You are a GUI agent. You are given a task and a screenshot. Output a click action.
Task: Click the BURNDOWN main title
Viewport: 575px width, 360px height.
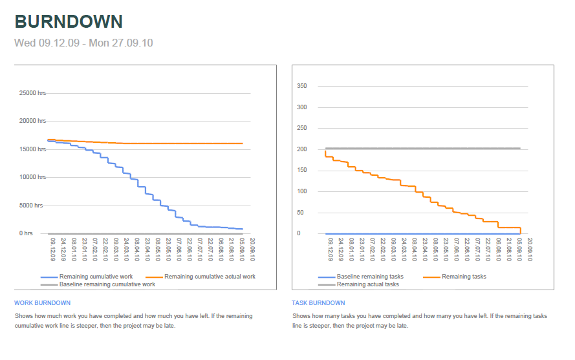click(69, 21)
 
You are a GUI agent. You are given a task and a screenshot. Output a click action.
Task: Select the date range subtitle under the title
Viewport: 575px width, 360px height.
click(83, 43)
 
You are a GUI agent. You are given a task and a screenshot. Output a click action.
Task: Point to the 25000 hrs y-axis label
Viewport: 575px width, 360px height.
click(32, 93)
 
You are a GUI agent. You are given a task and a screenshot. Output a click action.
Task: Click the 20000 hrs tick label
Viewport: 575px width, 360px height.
click(32, 121)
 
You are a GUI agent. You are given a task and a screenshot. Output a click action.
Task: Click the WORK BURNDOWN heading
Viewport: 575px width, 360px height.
click(42, 302)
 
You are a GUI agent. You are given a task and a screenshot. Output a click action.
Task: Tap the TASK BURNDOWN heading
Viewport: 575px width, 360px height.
click(319, 302)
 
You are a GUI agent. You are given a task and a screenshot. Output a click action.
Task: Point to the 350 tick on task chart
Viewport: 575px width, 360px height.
click(302, 86)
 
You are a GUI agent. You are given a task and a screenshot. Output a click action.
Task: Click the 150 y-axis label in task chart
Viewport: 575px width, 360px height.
click(302, 171)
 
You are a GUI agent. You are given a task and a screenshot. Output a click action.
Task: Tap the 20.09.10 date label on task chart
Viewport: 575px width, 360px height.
click(530, 249)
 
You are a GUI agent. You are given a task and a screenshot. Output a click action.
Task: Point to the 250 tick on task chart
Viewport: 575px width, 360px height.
click(302, 129)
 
